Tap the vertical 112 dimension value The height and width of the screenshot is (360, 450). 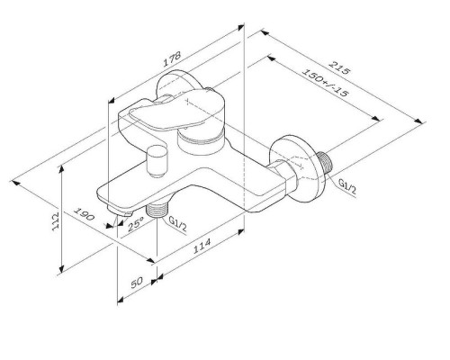click(x=56, y=220)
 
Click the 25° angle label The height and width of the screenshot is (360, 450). click(x=136, y=221)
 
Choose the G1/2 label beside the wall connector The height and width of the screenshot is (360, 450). click(x=347, y=185)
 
